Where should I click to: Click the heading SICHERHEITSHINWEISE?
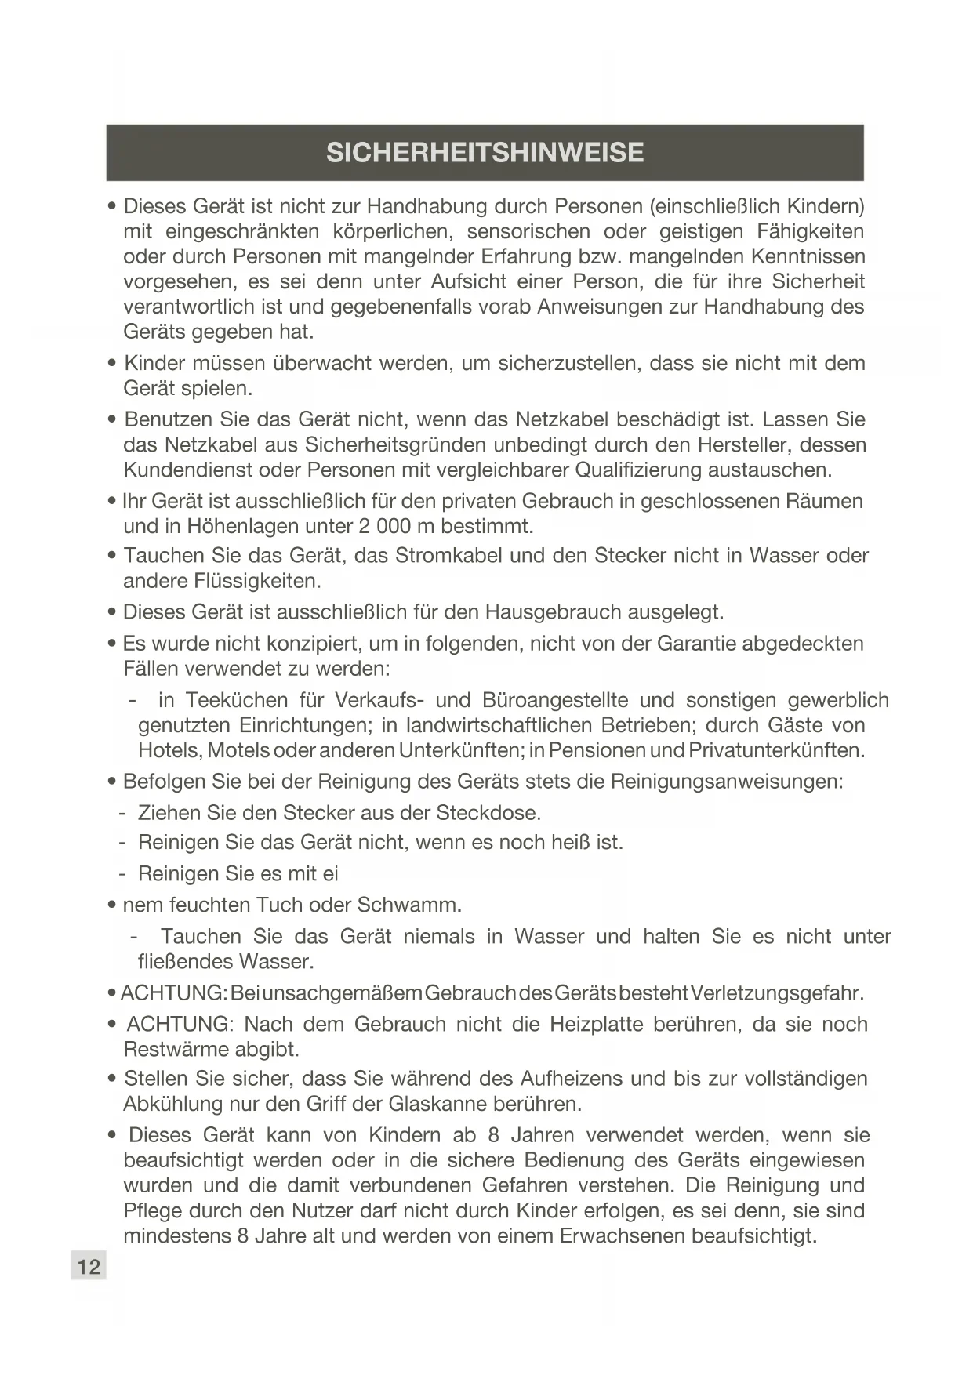tap(485, 152)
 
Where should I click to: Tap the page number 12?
tap(89, 1266)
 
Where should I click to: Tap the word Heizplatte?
tap(598, 1025)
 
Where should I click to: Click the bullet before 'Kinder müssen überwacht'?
tap(112, 364)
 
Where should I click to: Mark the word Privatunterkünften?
tap(775, 750)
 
